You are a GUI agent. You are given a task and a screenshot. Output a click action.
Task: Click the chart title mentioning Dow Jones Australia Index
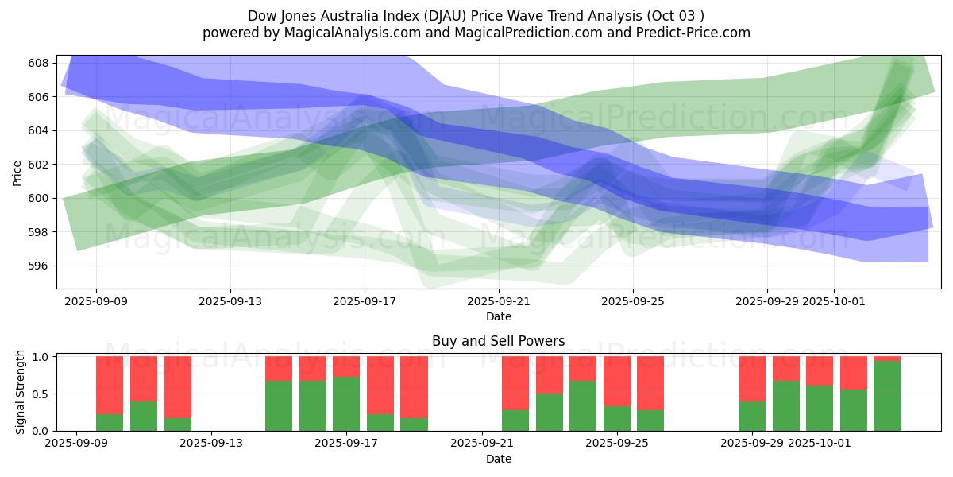tap(476, 15)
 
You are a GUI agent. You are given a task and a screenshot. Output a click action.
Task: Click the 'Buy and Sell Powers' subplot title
tap(498, 341)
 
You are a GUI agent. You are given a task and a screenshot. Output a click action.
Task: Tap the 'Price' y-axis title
tap(17, 172)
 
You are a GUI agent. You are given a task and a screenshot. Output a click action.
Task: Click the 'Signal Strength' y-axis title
tap(21, 393)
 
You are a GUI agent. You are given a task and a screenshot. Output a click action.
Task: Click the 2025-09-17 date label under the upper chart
tap(365, 301)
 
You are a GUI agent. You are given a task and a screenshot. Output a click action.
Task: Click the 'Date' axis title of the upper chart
tap(498, 316)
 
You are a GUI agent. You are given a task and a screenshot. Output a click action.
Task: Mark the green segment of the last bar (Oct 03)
tap(887, 396)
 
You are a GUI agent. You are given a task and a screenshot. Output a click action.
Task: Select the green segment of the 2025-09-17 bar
tap(346, 404)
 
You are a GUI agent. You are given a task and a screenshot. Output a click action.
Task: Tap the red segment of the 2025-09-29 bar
tap(752, 378)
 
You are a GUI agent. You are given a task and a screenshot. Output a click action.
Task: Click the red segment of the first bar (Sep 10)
tap(110, 385)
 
